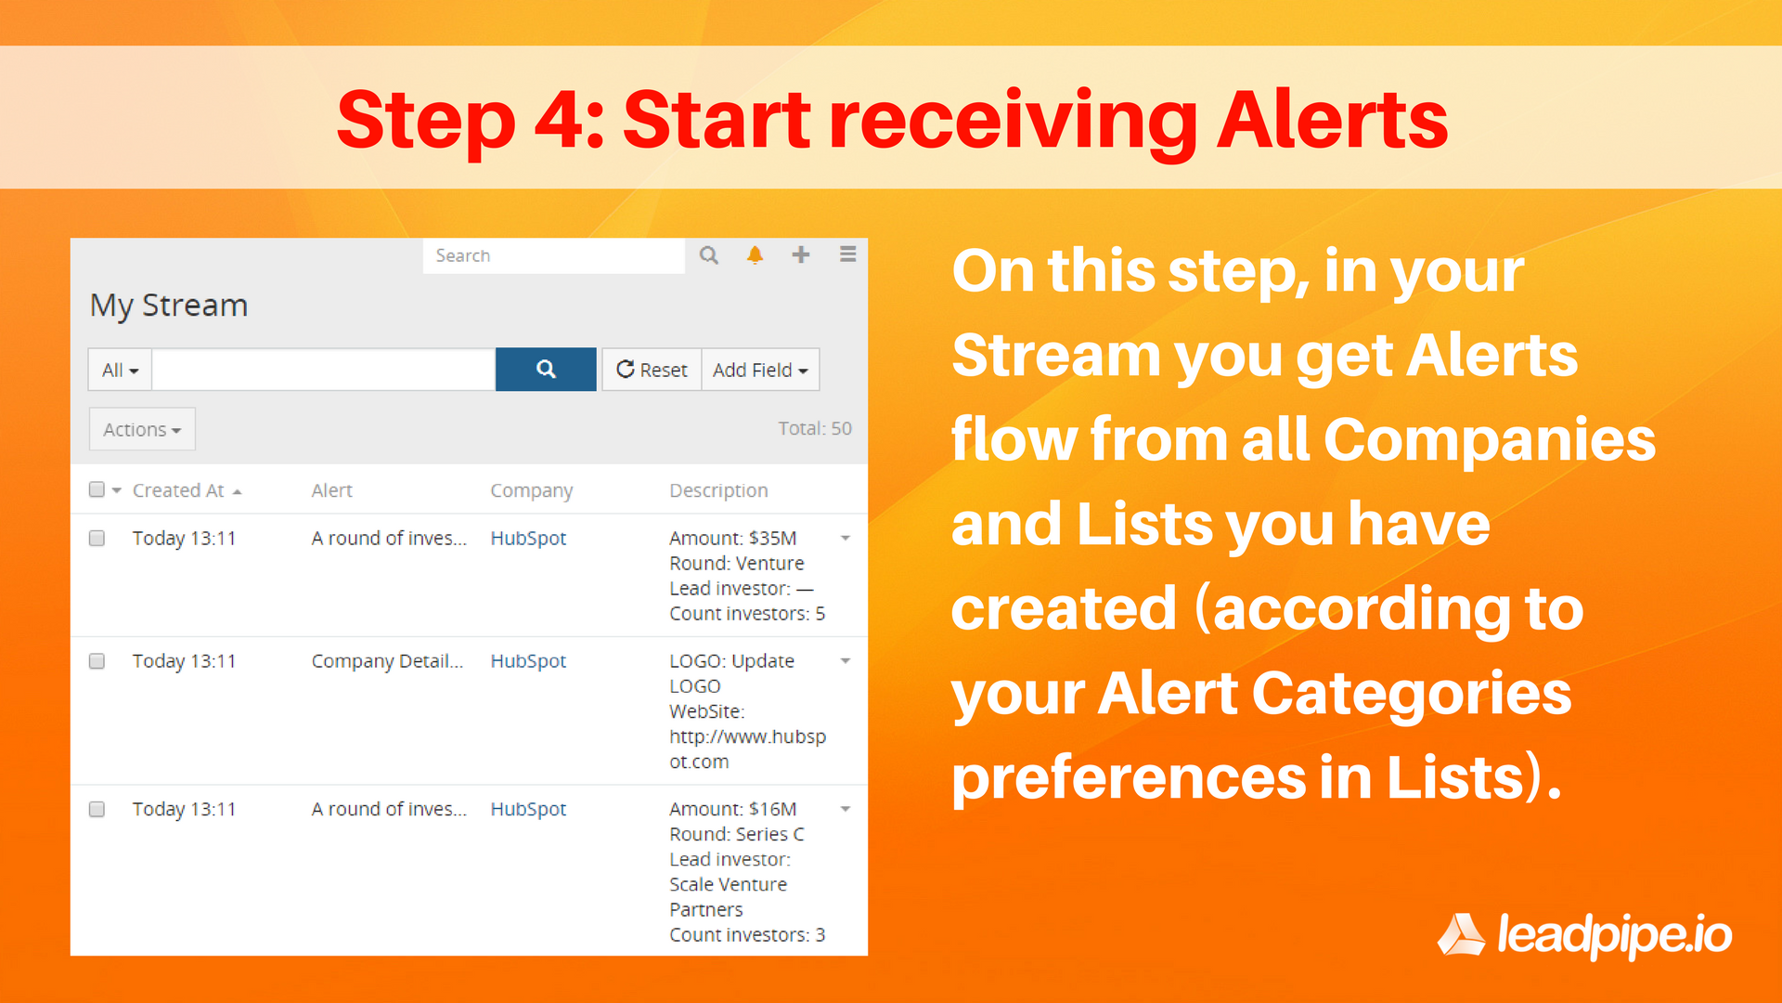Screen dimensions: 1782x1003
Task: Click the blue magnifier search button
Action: point(546,370)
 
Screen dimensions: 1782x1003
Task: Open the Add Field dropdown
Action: point(760,370)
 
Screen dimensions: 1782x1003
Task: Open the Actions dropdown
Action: point(142,429)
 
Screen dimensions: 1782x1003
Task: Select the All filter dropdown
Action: point(120,370)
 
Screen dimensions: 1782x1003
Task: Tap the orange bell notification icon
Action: point(755,255)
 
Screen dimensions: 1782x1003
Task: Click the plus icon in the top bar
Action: point(801,254)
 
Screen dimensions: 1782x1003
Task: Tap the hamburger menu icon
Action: point(847,254)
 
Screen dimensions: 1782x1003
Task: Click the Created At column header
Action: point(178,490)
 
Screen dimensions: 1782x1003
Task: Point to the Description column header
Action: point(718,490)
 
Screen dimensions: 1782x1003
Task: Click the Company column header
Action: point(531,490)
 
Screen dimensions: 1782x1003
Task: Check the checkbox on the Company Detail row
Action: point(97,661)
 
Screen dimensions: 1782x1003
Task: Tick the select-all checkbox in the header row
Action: point(97,489)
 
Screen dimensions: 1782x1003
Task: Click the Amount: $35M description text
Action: point(732,538)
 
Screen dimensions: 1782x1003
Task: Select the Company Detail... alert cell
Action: point(387,661)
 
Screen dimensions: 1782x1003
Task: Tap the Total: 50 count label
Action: point(814,428)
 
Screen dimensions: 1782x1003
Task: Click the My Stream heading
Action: point(169,306)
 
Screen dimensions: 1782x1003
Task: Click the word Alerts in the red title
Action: point(1332,120)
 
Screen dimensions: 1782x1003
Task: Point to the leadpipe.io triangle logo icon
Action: point(1462,934)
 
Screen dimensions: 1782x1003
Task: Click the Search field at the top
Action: point(553,255)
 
